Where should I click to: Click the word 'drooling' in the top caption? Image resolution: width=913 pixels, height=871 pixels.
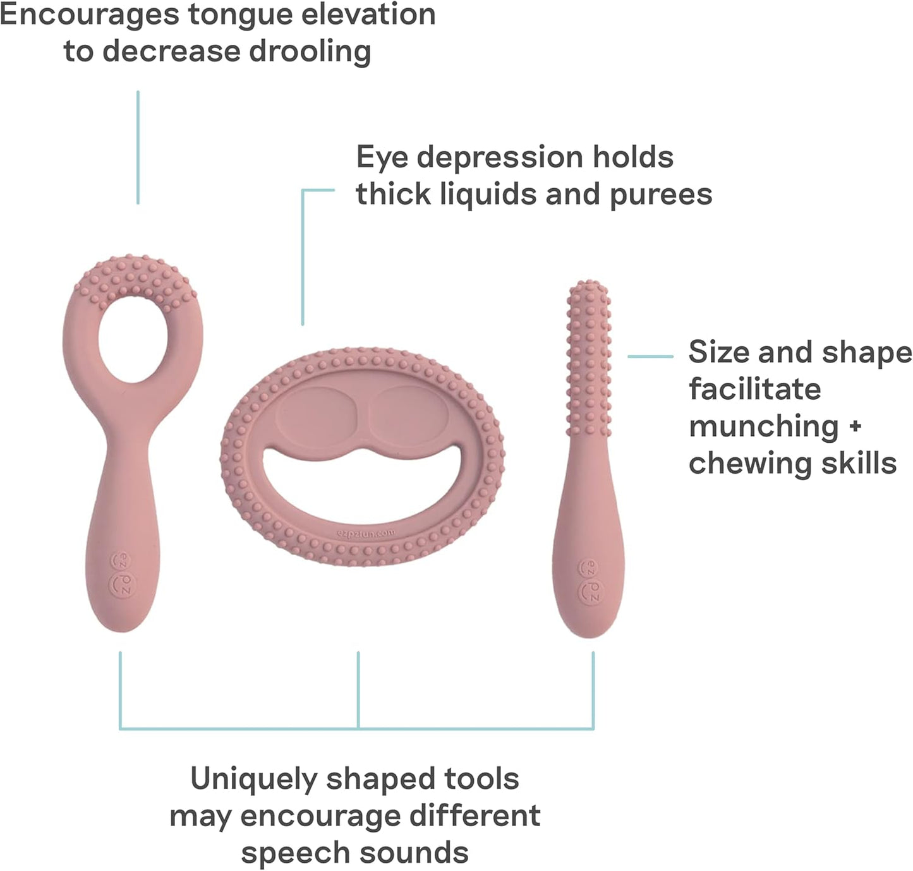coord(309,52)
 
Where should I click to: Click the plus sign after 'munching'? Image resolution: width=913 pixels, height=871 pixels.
coord(855,426)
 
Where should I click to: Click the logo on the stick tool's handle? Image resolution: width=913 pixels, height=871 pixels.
coord(591,580)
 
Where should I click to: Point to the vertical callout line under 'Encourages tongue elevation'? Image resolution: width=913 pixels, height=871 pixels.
coord(138,147)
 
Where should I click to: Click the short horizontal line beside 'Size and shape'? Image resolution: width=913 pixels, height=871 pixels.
coord(650,357)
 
